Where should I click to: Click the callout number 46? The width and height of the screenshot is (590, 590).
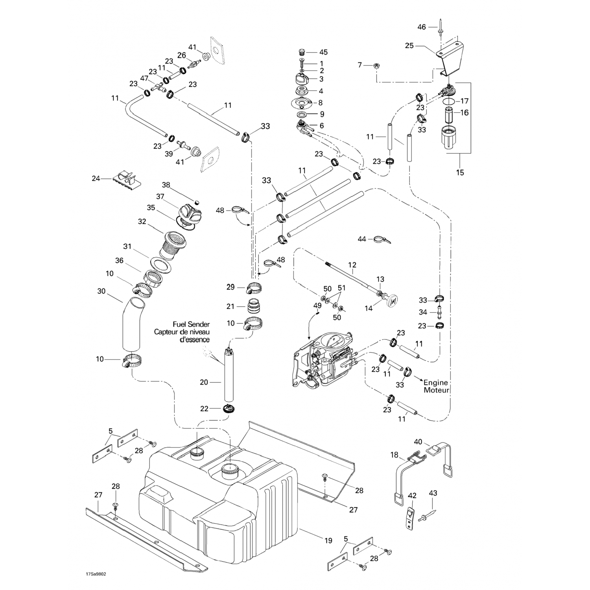[421, 27]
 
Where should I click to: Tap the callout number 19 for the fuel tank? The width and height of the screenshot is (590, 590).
[328, 541]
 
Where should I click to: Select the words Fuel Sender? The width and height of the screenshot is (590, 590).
[191, 324]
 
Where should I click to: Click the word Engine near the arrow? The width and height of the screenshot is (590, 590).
[436, 383]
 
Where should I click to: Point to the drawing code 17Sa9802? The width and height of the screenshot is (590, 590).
[96, 574]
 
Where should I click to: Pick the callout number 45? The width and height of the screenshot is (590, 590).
[323, 52]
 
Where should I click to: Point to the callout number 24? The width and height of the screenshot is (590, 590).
[96, 179]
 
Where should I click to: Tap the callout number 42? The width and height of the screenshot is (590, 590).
[411, 496]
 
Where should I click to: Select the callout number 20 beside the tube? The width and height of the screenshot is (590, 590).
[204, 382]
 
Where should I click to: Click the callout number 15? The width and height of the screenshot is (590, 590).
[460, 172]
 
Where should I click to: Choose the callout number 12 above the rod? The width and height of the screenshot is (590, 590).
[352, 265]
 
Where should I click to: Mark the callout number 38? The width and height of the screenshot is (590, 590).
[166, 184]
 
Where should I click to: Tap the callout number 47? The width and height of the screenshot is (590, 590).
[144, 78]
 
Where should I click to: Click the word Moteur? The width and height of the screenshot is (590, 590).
[436, 390]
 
